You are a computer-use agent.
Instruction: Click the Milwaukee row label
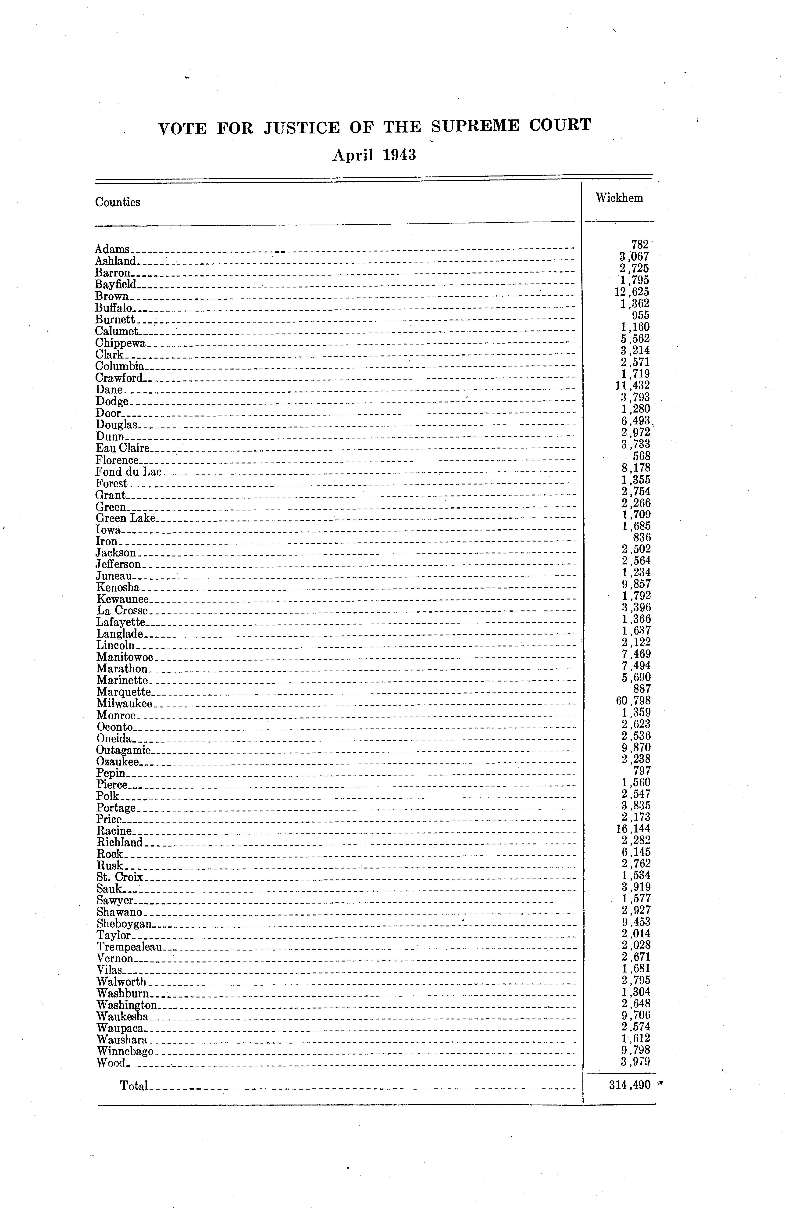pos(124,704)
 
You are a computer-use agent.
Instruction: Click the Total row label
pos(134,1086)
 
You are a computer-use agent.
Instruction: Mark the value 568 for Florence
pos(641,456)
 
